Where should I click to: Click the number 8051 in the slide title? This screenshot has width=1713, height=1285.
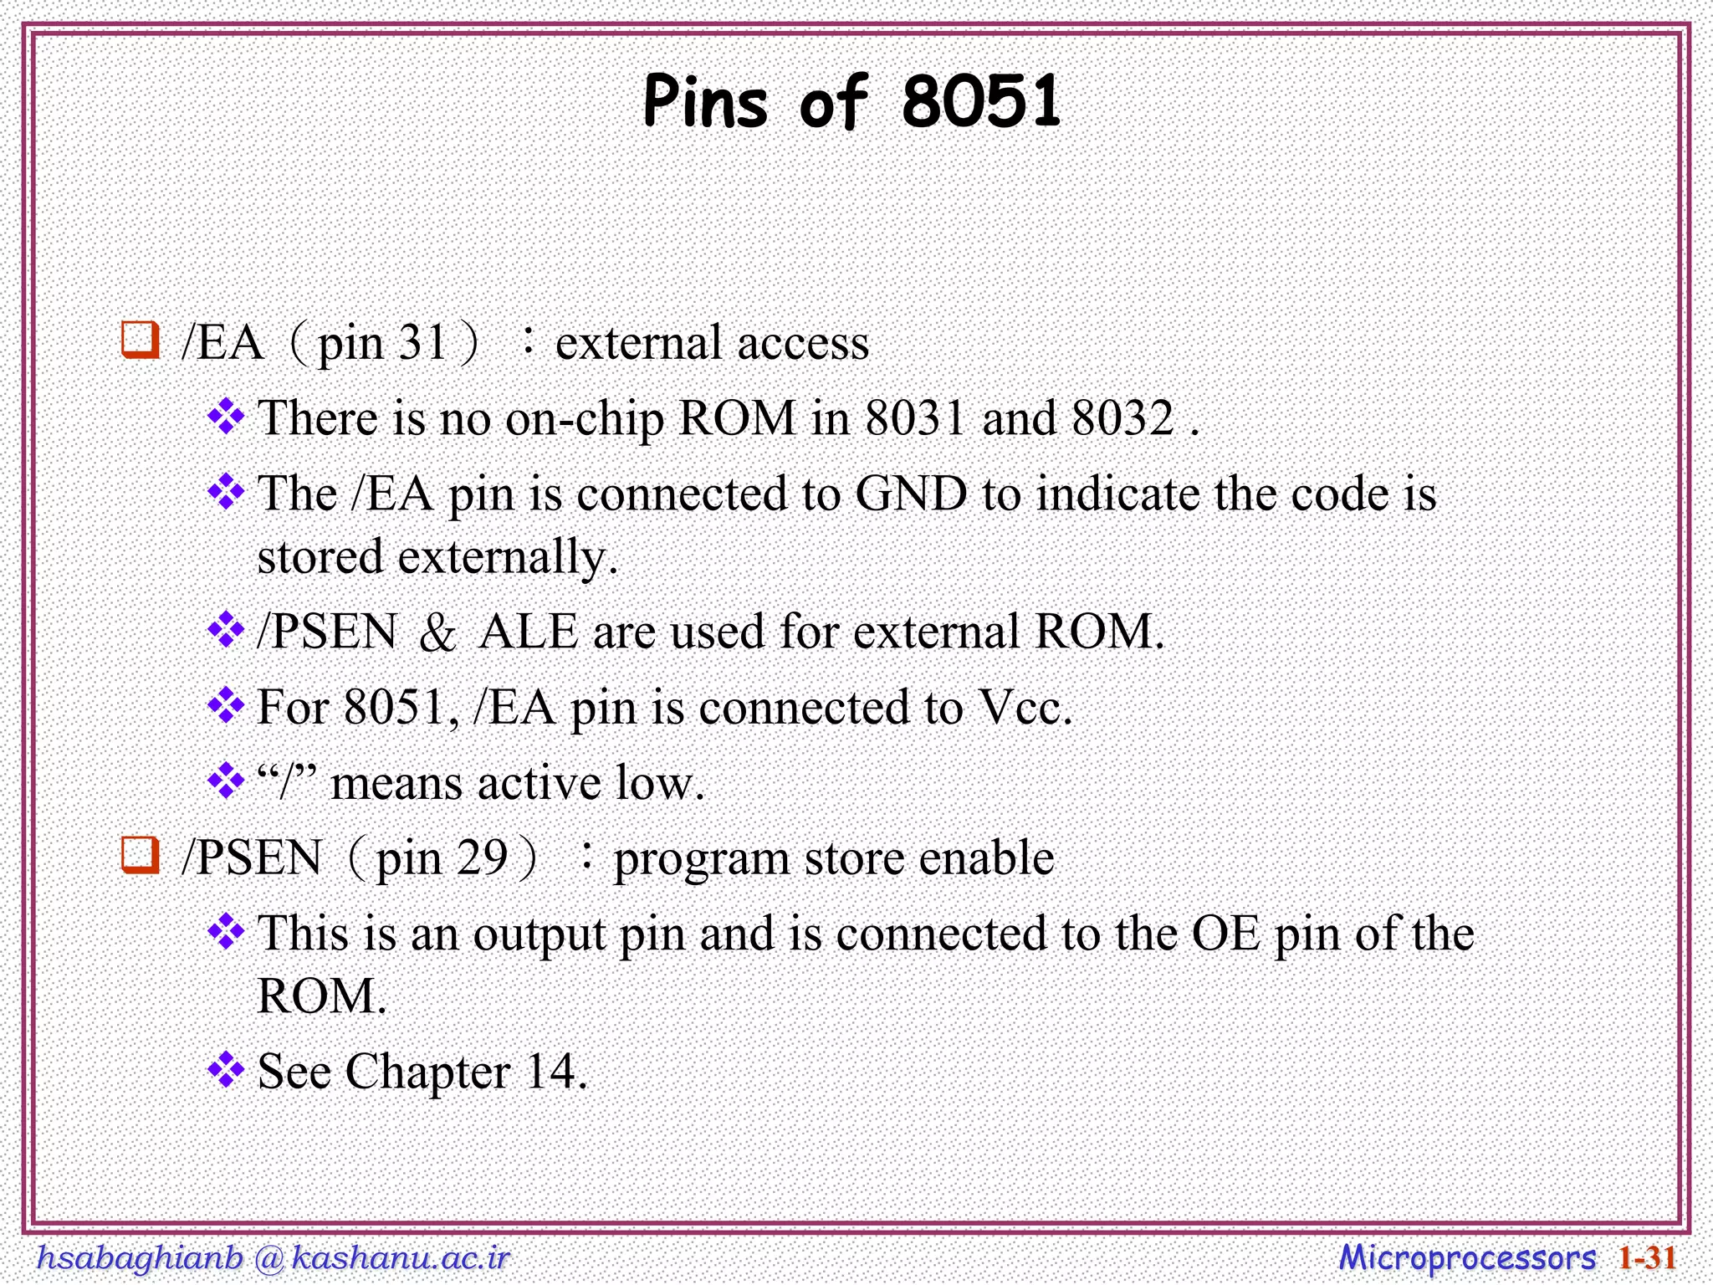tap(981, 102)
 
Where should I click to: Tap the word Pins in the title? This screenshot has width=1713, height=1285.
tap(704, 102)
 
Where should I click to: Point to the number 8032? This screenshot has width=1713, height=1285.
tap(1122, 417)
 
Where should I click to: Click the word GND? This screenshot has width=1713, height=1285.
tap(911, 494)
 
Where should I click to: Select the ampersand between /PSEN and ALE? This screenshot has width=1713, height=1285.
tap(437, 633)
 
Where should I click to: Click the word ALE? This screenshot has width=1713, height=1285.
tap(529, 632)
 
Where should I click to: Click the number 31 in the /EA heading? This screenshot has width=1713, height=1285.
tap(423, 343)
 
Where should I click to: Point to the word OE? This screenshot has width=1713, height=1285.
tap(1226, 934)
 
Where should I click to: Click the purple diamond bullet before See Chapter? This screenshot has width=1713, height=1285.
tap(226, 1070)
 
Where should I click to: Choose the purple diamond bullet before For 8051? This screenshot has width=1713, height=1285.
tap(226, 706)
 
